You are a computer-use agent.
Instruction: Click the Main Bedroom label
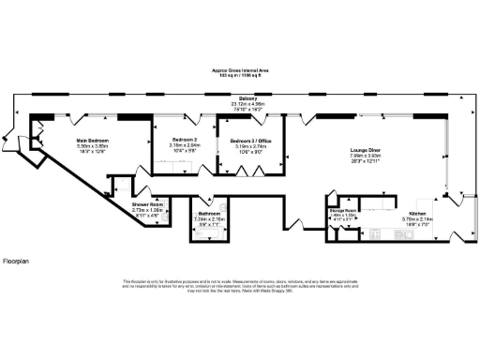[95, 141]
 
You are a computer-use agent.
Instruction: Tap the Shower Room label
[147, 204]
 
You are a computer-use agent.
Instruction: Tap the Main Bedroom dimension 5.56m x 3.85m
[95, 146]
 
